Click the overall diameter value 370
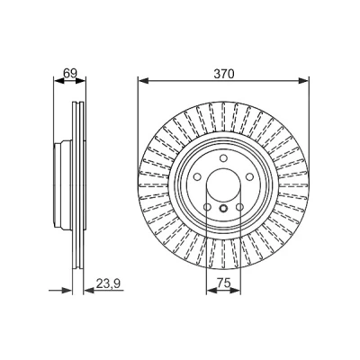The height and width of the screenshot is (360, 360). point(223,74)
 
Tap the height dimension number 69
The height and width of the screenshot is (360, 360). point(70,73)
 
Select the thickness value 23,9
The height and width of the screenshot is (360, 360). point(108,283)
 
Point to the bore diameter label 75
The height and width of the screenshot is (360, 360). point(223,283)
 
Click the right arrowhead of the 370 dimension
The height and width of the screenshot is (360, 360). point(303,80)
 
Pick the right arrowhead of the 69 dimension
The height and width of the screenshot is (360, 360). point(80,80)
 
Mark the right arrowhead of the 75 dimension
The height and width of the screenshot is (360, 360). point(235,290)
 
